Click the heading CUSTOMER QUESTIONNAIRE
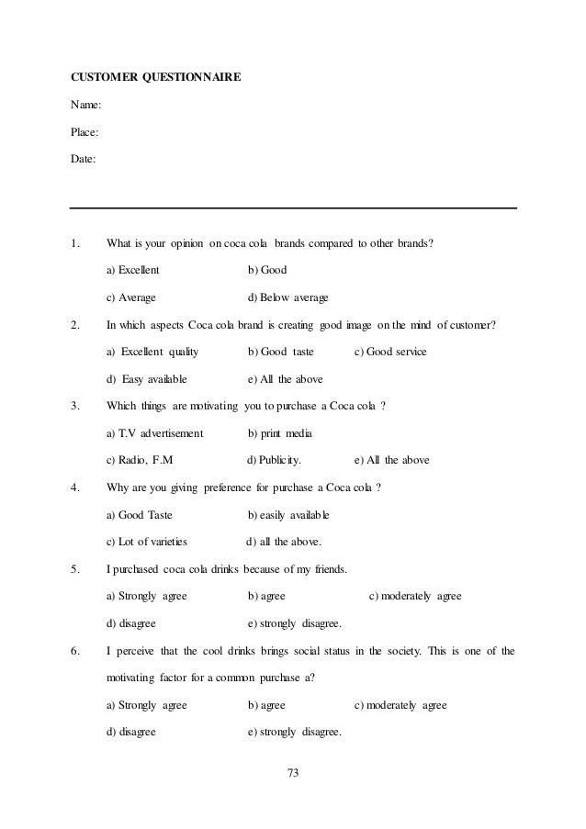point(156,78)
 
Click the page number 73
point(293,772)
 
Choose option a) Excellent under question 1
point(133,271)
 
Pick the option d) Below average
point(288,297)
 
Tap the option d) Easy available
point(147,379)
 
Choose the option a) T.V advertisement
point(155,433)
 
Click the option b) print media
point(280,433)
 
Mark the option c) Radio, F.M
point(140,460)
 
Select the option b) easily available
point(288,514)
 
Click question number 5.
point(74,569)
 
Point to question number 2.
point(74,325)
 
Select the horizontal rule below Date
point(293,208)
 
